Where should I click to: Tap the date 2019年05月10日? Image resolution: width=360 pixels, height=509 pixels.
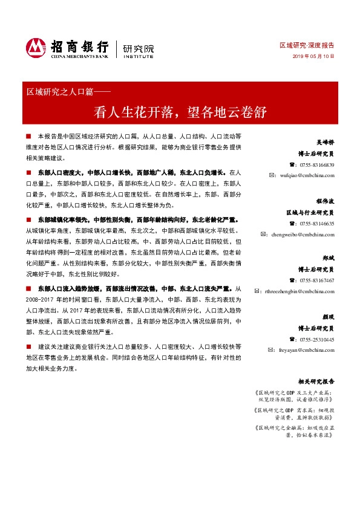pyautogui.click(x=314, y=56)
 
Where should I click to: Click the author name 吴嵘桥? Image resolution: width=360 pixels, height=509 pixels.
pyautogui.click(x=324, y=143)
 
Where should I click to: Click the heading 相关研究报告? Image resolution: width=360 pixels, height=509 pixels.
pyautogui.click(x=316, y=381)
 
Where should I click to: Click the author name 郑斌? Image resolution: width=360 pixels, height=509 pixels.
pyautogui.click(x=328, y=258)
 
